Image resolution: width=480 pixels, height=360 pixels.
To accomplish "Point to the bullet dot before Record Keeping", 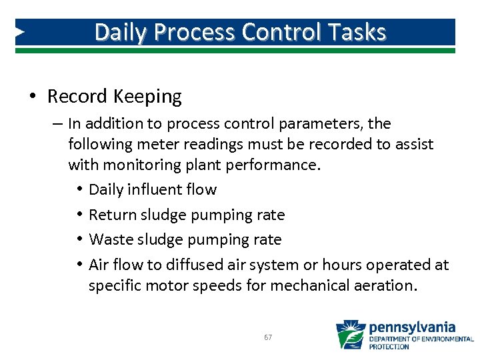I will click(32, 97).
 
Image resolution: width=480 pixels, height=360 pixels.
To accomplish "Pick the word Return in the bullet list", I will click(110, 215).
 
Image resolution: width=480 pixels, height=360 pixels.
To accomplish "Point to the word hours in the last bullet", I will click(340, 265).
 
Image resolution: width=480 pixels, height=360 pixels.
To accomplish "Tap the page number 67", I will click(267, 338).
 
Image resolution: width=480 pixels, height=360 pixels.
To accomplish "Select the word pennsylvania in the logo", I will click(412, 327).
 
